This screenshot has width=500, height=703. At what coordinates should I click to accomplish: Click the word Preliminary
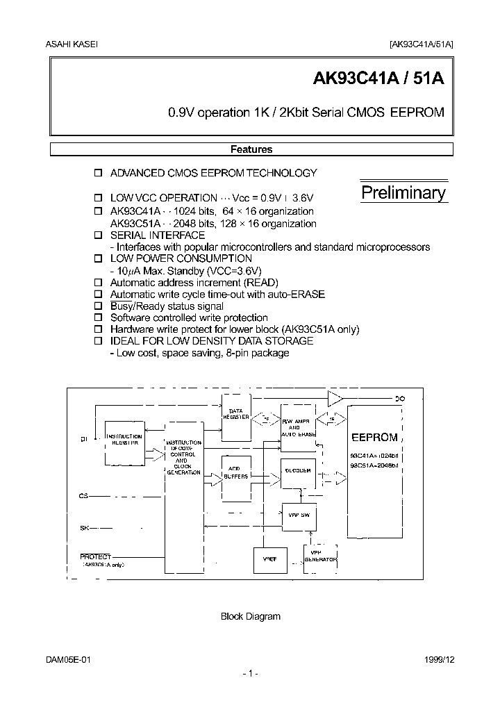click(403, 193)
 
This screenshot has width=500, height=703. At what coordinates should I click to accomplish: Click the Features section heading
click(251, 149)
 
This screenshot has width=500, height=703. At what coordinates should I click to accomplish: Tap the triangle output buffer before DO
click(335, 398)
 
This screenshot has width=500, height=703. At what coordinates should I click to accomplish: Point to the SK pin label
click(85, 529)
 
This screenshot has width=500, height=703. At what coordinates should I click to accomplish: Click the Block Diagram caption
click(250, 616)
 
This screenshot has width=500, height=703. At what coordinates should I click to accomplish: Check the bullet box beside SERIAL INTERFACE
click(98, 236)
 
